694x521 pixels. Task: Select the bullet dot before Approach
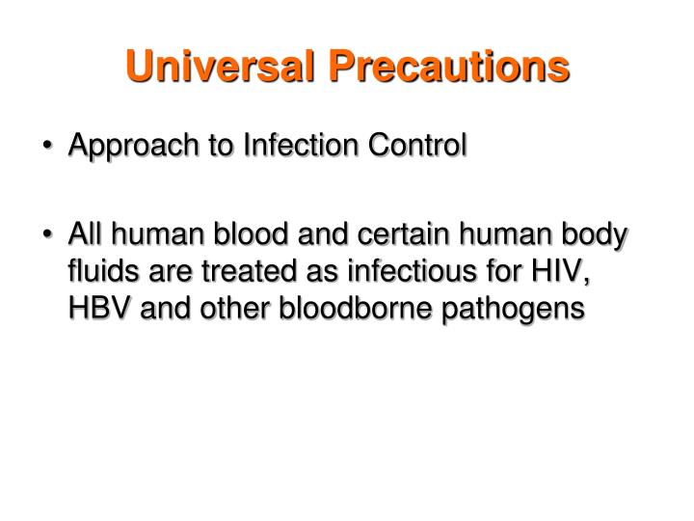click(51, 147)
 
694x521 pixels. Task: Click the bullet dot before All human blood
click(51, 237)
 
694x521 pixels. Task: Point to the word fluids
click(98, 273)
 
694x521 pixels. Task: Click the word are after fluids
click(158, 274)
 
